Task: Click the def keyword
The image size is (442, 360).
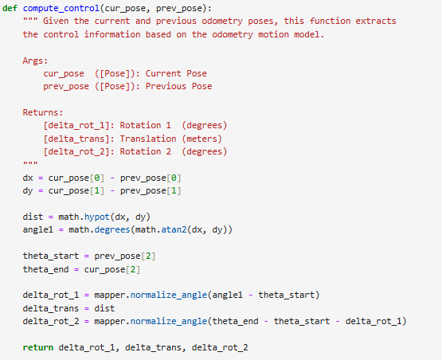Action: (10, 8)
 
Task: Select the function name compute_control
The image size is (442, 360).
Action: (61, 9)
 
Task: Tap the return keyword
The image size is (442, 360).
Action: (38, 347)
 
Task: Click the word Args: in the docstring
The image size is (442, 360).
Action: (35, 61)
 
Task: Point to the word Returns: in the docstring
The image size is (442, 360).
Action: (43, 112)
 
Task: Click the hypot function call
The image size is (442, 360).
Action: (97, 217)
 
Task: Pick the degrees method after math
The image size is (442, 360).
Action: (112, 230)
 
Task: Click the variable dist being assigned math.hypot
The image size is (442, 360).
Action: (33, 217)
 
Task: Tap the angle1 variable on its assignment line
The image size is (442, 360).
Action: (38, 230)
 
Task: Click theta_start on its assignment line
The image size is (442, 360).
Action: (51, 256)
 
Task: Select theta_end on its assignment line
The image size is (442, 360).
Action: (45, 269)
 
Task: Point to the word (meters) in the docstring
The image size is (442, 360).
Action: (201, 139)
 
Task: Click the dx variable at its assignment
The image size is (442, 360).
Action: (28, 178)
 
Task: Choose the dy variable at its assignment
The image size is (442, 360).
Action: (28, 191)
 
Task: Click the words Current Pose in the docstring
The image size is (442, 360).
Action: (176, 73)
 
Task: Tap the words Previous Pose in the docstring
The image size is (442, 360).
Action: (178, 86)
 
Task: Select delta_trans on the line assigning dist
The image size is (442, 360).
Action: (51, 308)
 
